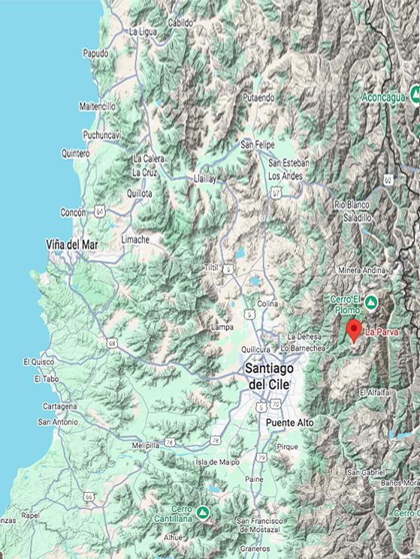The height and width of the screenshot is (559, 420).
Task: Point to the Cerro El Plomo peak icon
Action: [371, 304]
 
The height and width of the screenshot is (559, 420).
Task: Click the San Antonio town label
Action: [58, 422]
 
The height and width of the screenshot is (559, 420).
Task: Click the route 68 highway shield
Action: [112, 344]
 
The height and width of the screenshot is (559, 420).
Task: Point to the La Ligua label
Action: [142, 32]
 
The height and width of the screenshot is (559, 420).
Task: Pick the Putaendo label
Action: [257, 98]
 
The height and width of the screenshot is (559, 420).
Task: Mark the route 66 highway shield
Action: [89, 497]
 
